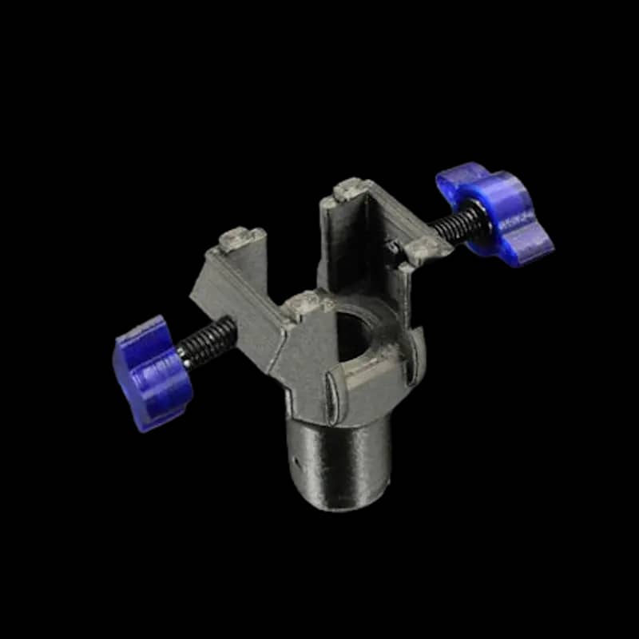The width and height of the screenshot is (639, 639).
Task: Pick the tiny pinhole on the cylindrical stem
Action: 296,461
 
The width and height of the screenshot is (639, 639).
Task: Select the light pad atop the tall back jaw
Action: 349,190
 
